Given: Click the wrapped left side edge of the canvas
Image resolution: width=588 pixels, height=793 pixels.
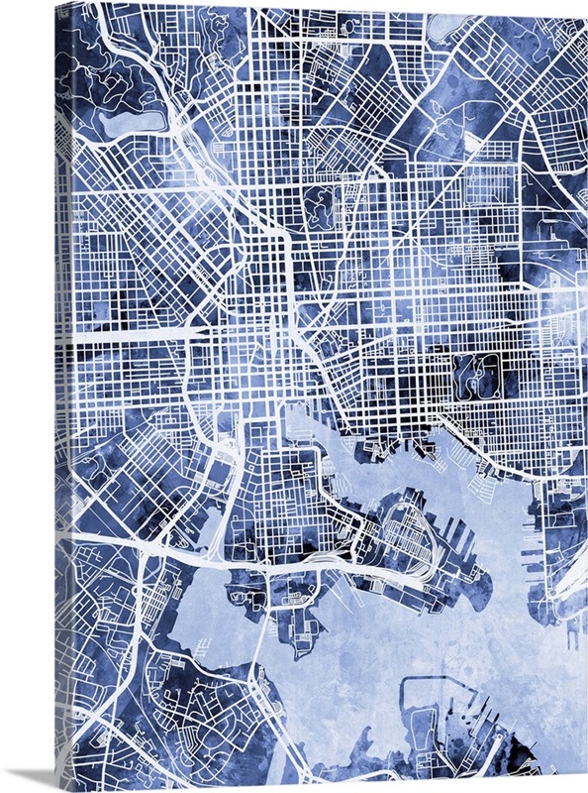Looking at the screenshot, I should click(x=62, y=396).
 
